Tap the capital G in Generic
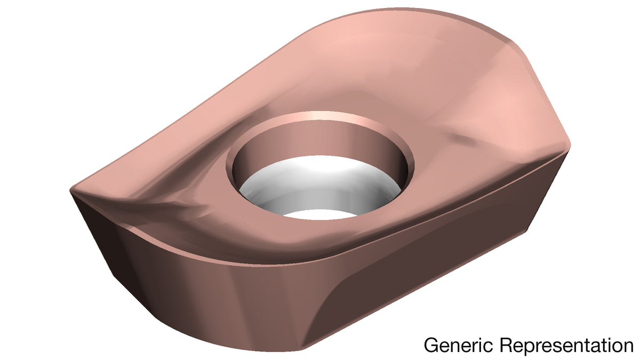tap(431, 345)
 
